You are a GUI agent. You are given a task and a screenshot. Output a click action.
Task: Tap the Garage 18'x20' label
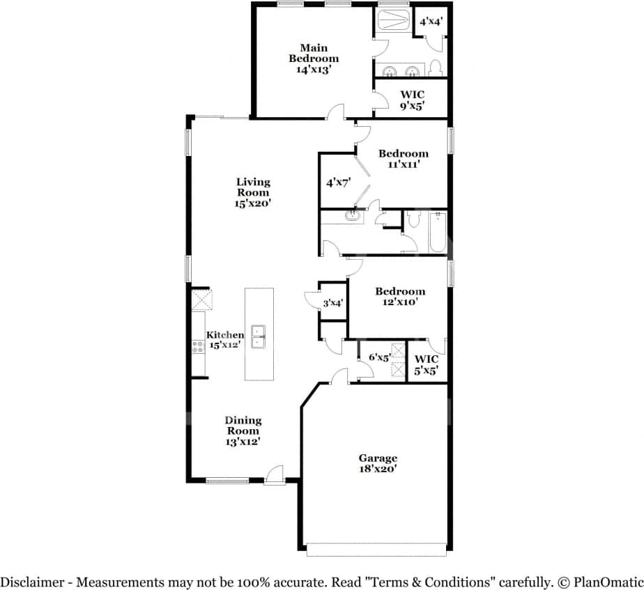coord(378,463)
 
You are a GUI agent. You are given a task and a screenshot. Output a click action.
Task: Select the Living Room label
coord(252,192)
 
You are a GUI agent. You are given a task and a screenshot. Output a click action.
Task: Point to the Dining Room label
coord(243,430)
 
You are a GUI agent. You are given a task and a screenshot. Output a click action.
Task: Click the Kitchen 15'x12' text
coord(224,340)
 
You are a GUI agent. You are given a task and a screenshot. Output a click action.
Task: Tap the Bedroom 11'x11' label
coord(403,159)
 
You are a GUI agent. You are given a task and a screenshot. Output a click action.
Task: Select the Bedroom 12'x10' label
coord(399,297)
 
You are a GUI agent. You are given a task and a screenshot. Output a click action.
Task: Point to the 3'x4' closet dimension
coord(332,303)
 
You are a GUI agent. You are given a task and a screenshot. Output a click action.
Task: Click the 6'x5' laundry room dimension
coord(379,357)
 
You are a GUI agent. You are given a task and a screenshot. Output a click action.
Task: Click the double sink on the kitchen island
coord(259,336)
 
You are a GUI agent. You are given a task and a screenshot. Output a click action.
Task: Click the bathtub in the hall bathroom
coord(437,233)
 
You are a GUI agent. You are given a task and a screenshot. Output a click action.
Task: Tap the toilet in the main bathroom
coord(436,68)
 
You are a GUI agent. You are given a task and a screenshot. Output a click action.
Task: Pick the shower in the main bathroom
coord(394,22)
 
